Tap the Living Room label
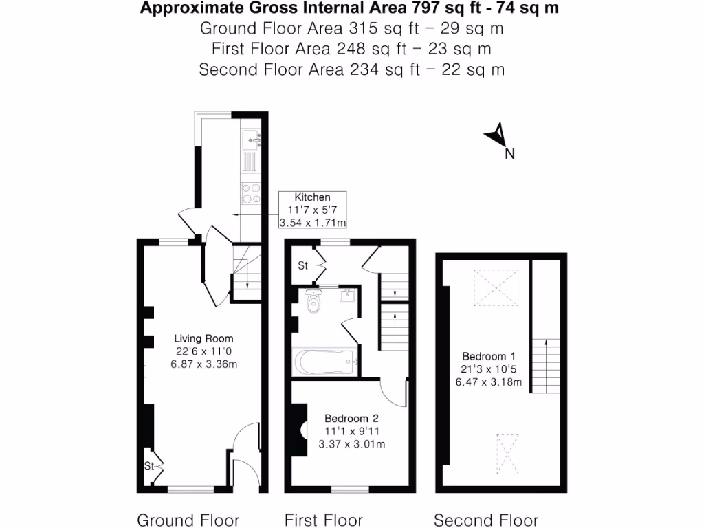[203, 338]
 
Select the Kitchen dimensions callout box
[312, 210]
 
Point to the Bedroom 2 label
[351, 418]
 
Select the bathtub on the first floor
[324, 362]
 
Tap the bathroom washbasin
[347, 296]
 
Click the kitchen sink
[252, 140]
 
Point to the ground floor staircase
[246, 272]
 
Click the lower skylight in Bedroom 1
[507, 453]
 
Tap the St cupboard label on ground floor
[148, 465]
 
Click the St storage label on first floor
[302, 265]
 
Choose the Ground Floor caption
[188, 520]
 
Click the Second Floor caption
[486, 520]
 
